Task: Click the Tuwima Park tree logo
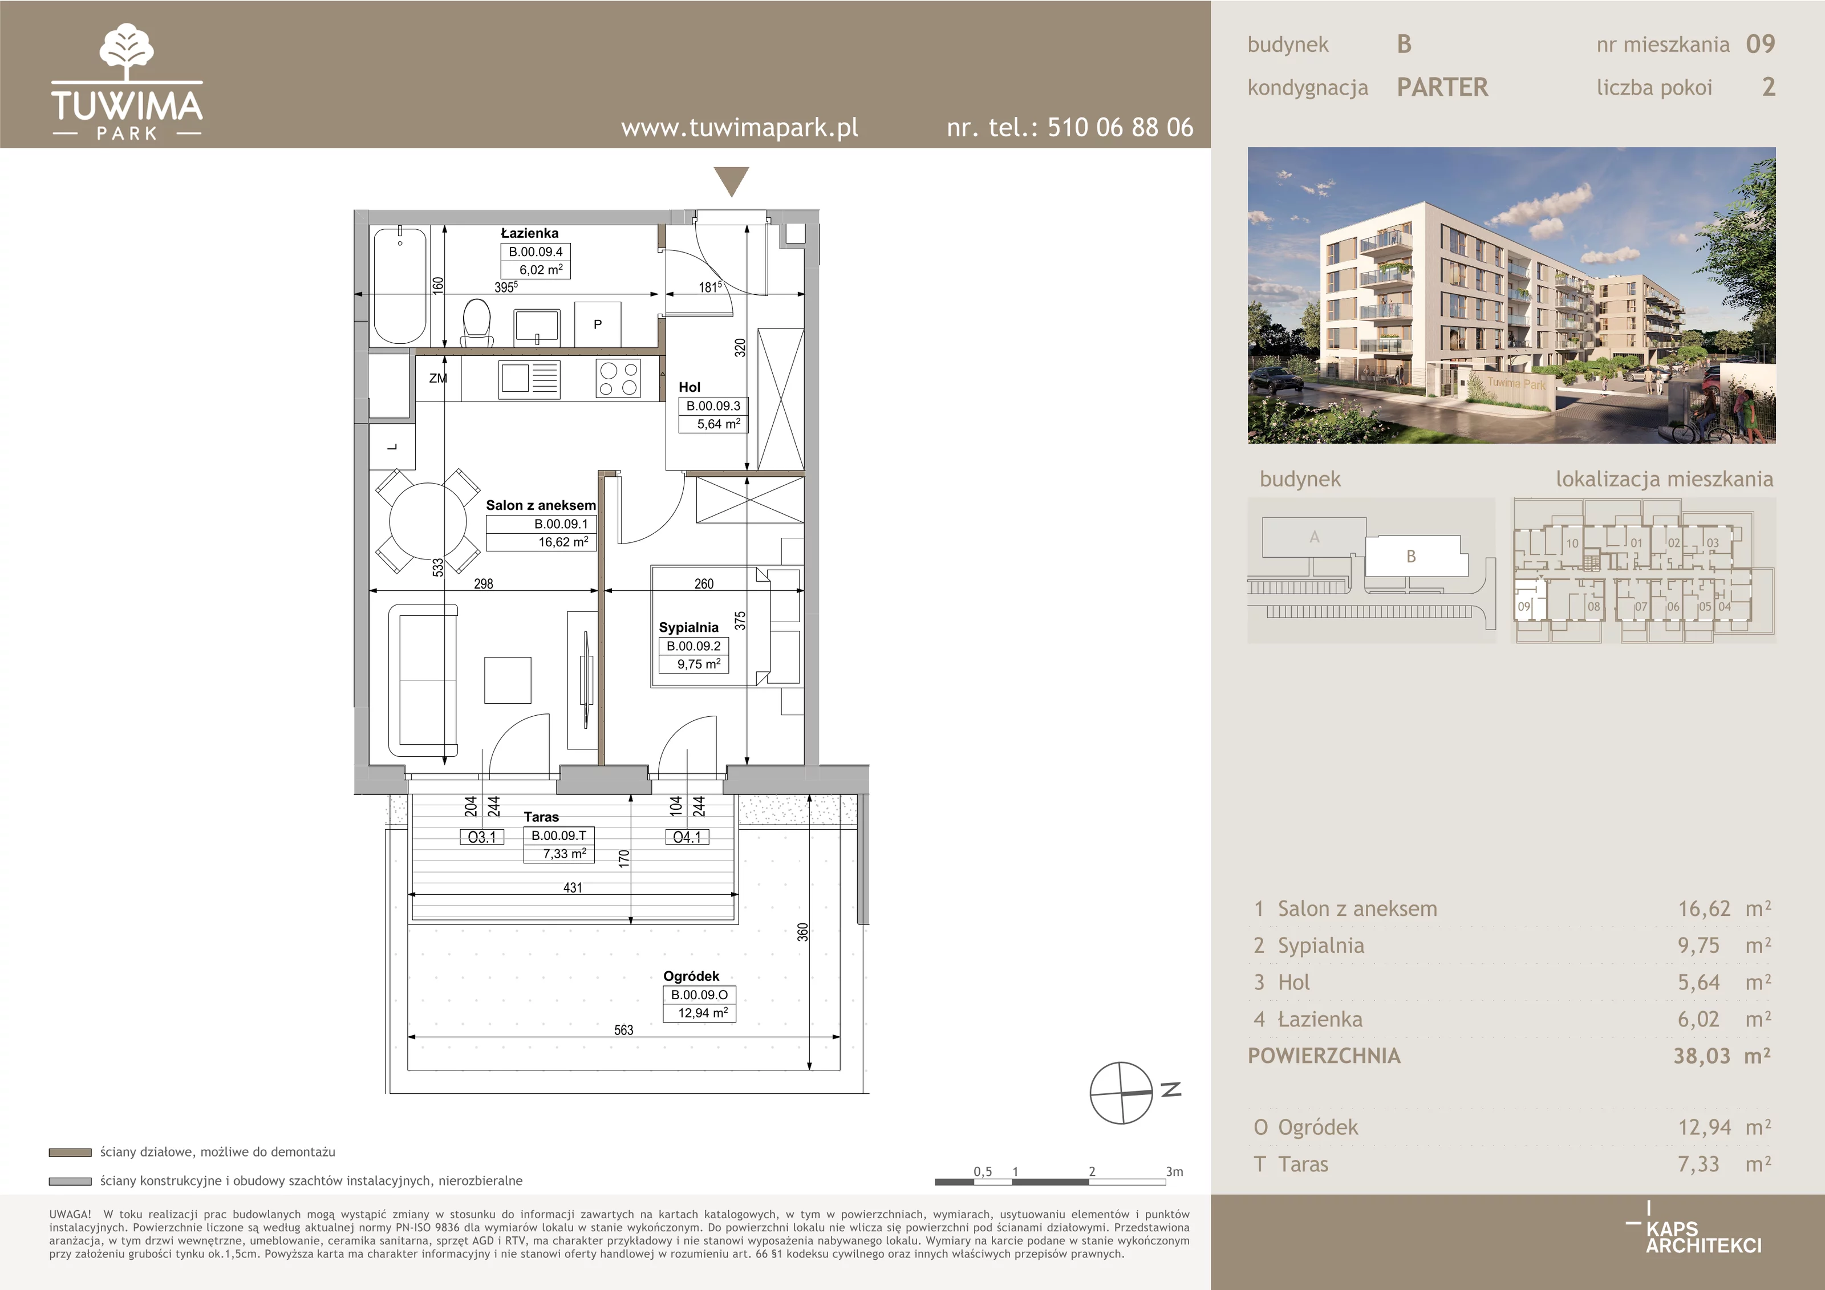[127, 52]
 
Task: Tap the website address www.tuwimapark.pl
[739, 128]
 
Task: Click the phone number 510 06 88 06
[1120, 127]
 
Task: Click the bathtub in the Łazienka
[400, 285]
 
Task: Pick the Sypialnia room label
[688, 627]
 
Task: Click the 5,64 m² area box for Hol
[719, 424]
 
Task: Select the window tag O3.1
[482, 837]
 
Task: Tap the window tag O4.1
[687, 837]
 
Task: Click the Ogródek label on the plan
[691, 976]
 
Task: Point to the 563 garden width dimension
[624, 1030]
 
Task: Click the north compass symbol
[1121, 1093]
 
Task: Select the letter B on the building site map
[1411, 557]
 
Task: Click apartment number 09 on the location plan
[1524, 606]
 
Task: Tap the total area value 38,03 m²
[1722, 1056]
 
